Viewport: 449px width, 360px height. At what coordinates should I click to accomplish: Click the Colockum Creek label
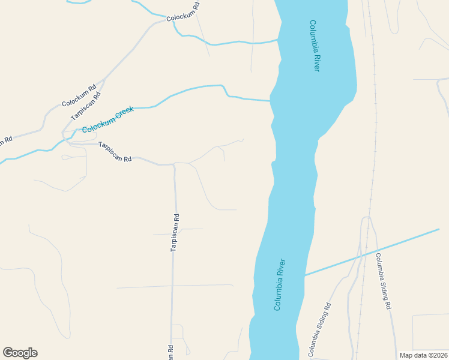coord(107,120)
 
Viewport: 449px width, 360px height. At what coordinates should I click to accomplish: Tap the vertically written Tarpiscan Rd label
coord(175,233)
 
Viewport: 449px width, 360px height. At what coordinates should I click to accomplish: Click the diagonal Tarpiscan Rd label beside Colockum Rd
coord(86,106)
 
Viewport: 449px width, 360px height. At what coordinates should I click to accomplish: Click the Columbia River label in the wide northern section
coord(315,46)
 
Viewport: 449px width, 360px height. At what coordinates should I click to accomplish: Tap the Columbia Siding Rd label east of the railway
coord(383,281)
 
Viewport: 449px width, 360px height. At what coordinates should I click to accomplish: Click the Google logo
coord(20,353)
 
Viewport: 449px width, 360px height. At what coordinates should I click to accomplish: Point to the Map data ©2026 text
coord(423,355)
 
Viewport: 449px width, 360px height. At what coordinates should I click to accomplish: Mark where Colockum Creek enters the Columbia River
coord(270,100)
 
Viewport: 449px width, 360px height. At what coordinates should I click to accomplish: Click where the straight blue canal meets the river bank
coord(305,275)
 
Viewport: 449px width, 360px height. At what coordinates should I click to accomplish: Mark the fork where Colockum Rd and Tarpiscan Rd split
coord(106,78)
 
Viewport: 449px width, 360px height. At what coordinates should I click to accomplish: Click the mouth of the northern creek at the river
coord(278,40)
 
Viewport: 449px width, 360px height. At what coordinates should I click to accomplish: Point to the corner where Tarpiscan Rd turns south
coord(174,164)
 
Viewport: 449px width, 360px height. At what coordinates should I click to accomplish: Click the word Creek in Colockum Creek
coord(124,113)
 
